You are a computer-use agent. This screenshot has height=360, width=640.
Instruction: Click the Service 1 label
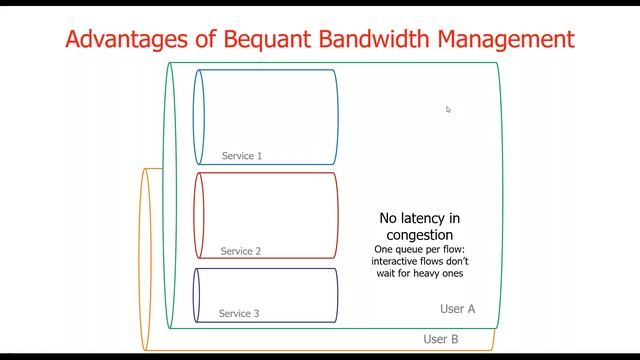coord(242,156)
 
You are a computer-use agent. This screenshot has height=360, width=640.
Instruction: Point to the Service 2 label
coord(241,251)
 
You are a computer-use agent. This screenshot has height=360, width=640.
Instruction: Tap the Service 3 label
coord(239,313)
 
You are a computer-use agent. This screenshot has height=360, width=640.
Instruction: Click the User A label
coord(457,308)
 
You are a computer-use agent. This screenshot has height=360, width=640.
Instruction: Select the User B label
coord(441,339)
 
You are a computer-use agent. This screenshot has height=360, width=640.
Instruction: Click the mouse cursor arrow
coord(448,109)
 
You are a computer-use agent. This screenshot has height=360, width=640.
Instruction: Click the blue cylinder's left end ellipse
coord(199,115)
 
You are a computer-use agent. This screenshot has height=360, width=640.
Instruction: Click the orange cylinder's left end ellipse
coord(146,260)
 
